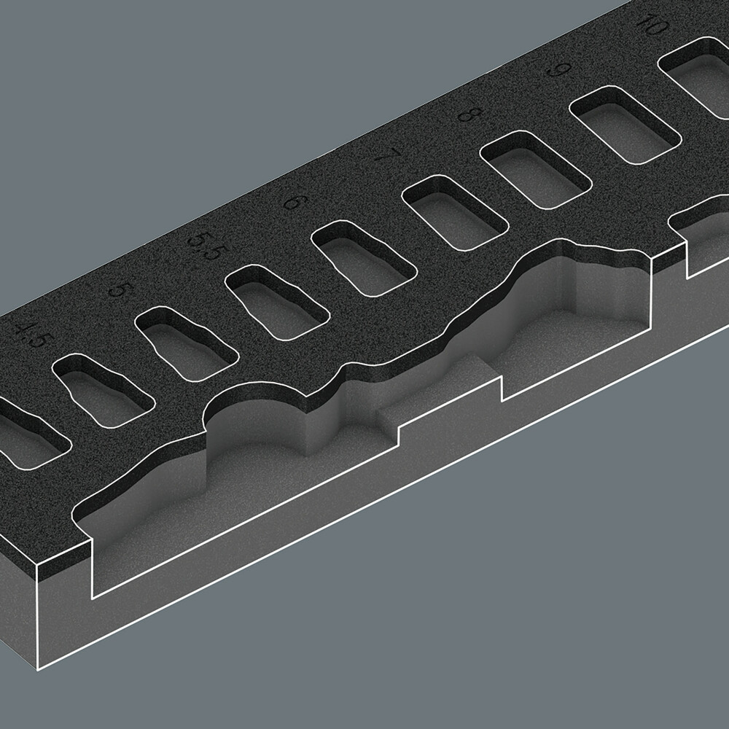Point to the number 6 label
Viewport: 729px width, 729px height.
pyautogui.click(x=294, y=200)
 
